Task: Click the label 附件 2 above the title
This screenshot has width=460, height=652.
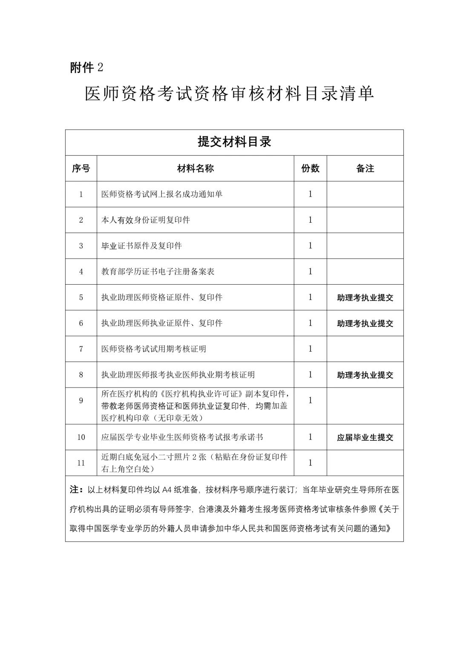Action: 87,67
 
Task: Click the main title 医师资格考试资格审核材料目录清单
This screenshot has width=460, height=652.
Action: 229,94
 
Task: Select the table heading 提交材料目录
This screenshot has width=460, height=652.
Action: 234,142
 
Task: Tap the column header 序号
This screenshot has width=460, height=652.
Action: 81,169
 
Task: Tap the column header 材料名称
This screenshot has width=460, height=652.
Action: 195,169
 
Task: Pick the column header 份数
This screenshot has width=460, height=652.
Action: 310,169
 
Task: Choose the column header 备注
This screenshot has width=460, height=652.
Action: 365,169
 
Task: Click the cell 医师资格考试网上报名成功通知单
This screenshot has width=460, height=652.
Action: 162,194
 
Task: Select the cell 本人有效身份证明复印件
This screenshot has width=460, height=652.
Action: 146,220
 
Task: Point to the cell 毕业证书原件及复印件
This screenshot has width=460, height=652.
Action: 141,246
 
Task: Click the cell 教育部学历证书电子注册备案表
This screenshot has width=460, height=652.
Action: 158,271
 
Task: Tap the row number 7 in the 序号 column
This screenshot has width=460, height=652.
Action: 81,349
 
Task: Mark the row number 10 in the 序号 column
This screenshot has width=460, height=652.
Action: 81,437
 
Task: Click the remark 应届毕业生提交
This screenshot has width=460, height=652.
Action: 365,437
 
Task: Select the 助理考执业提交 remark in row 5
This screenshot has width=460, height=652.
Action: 365,298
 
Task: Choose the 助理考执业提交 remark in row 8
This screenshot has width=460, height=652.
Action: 365,375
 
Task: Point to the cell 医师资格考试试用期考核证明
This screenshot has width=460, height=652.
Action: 154,349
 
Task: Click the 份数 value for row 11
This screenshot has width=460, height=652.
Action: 310,463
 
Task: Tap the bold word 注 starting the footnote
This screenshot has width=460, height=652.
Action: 75,490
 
